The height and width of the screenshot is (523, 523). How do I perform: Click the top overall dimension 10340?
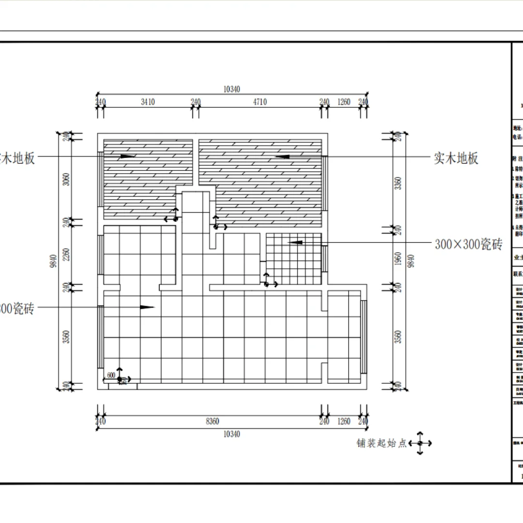[231, 89]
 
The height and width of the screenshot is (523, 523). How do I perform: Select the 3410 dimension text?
[148, 102]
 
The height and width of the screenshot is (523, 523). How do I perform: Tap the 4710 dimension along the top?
[259, 102]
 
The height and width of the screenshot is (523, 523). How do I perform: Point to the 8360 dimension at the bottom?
[212, 422]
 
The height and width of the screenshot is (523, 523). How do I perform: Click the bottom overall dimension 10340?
[231, 434]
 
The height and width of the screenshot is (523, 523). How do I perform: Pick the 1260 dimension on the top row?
[344, 102]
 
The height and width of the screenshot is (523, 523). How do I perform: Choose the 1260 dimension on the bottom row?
[344, 422]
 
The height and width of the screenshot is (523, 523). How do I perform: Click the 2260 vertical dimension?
[66, 255]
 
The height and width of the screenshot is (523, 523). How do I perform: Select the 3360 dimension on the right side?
[398, 183]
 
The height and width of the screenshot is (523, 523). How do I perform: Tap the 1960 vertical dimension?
[398, 259]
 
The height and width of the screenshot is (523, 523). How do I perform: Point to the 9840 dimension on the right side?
[411, 261]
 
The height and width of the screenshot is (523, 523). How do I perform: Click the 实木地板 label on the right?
[456, 158]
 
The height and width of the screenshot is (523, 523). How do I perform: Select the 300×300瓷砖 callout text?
[468, 244]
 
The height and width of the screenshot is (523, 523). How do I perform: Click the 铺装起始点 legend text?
[382, 443]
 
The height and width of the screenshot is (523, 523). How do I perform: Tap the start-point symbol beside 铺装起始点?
[420, 443]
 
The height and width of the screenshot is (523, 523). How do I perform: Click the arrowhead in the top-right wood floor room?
[282, 156]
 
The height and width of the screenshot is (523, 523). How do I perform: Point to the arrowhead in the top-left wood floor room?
[128, 156]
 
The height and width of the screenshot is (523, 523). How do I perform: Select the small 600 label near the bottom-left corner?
[111, 375]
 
